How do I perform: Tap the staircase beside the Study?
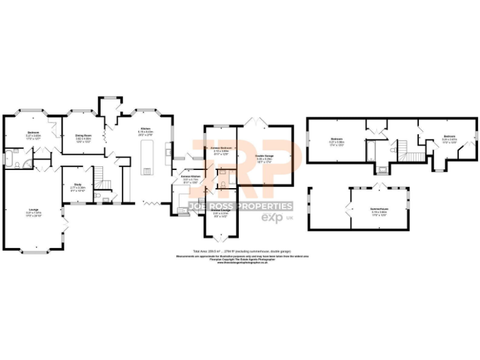click(99, 176)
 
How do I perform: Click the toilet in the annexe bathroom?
click(223, 184)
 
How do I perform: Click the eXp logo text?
click(267, 218)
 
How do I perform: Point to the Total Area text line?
click(242, 251)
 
